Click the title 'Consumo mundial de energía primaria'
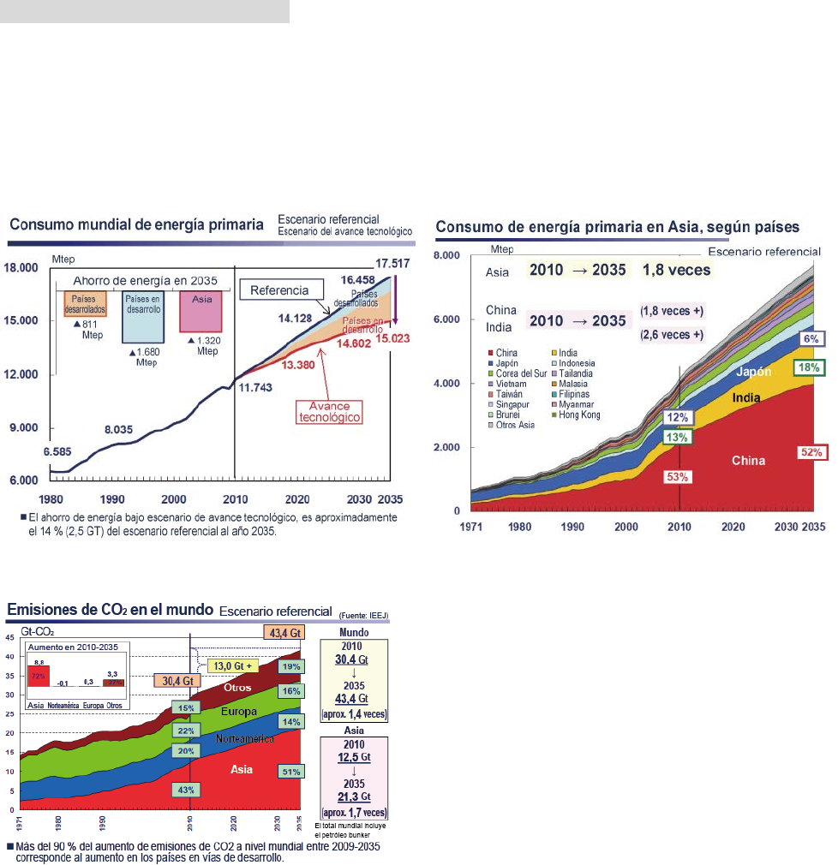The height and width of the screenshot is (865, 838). pos(136,225)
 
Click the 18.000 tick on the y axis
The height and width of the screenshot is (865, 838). pos(23,268)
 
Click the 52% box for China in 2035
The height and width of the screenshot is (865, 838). pos(811,451)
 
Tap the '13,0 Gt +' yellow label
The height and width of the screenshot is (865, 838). pos(233,665)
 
